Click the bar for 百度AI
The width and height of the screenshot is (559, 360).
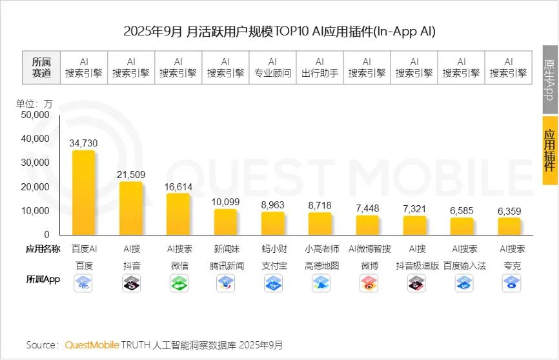(84, 193)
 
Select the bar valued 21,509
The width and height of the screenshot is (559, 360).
(131, 208)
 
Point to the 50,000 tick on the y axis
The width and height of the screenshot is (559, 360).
(36, 115)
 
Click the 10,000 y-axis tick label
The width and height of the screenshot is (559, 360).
(36, 210)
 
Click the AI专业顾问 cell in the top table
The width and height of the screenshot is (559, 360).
(272, 67)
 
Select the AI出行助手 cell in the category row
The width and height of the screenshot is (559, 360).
(320, 67)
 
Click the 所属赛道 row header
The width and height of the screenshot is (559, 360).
(46, 67)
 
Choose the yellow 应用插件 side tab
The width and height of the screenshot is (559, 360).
(550, 150)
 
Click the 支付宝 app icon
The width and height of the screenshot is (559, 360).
(273, 283)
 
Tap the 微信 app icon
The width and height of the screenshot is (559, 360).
(179, 283)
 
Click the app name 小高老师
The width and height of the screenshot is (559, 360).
(320, 248)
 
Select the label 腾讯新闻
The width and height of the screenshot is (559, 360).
(227, 265)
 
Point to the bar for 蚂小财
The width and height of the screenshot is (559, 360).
(273, 223)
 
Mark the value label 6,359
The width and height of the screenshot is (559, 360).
(509, 211)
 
